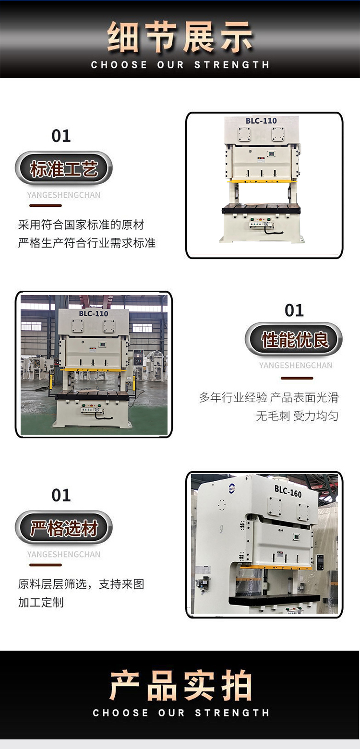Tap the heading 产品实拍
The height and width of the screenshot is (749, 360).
click(180, 685)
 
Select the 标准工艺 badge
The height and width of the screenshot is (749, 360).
click(63, 168)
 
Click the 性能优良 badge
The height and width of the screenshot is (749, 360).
click(294, 339)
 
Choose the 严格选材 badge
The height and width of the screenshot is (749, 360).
click(63, 528)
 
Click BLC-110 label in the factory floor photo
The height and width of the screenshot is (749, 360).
click(94, 314)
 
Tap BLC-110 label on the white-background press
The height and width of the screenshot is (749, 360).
click(261, 121)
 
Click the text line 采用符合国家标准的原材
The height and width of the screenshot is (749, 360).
click(81, 225)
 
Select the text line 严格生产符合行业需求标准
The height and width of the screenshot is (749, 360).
click(87, 243)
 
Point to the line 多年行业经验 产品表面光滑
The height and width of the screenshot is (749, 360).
click(269, 397)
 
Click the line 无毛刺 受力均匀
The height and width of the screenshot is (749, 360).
click(297, 416)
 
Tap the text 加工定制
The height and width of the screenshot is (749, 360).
click(41, 602)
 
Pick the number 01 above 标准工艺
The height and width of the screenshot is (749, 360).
click(61, 136)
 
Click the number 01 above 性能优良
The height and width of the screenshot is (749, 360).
click(294, 310)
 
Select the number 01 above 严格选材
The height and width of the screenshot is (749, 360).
click(61, 495)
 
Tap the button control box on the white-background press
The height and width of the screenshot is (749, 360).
click(261, 224)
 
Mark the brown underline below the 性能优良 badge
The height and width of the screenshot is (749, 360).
click(297, 378)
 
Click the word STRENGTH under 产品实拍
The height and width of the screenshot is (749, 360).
click(232, 713)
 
